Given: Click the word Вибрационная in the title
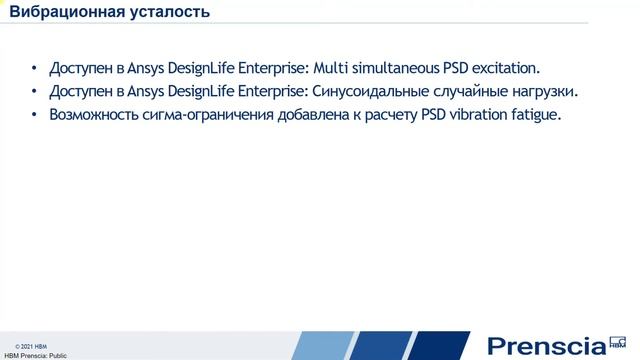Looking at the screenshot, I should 62,13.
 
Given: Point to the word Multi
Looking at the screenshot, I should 333,69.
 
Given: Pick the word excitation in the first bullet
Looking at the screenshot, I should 505,69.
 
